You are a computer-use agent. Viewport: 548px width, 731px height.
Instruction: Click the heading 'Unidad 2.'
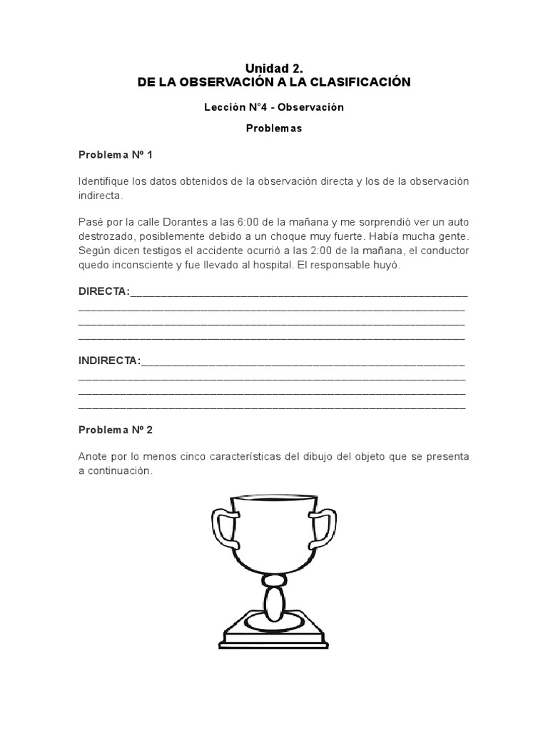coord(274,69)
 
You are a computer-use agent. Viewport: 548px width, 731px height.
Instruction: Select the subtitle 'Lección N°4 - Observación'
coord(274,107)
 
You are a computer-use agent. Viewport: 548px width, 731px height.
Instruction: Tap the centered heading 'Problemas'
coord(274,128)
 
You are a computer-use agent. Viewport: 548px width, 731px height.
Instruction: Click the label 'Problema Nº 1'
coord(115,154)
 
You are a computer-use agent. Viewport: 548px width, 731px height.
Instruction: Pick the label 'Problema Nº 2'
coord(115,430)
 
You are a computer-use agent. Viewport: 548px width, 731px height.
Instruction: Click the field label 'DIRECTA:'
coord(103,291)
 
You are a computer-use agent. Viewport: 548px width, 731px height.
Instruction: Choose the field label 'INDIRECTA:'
coord(109,361)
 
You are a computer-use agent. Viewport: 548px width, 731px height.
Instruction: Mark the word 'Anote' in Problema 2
coord(93,457)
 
